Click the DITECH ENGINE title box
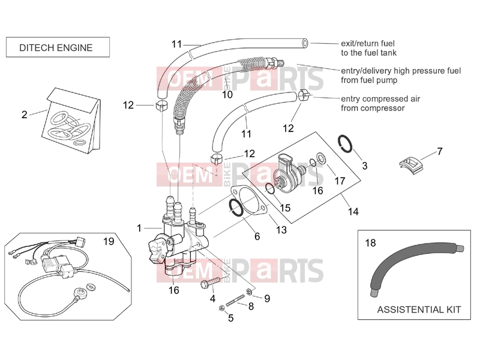click(x=58, y=47)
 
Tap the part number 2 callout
click(x=25, y=115)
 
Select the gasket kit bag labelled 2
click(x=71, y=121)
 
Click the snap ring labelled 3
click(x=346, y=143)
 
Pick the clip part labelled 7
click(x=410, y=166)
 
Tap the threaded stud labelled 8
click(x=235, y=300)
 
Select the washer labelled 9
click(x=250, y=292)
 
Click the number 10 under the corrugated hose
click(x=227, y=95)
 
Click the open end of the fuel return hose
click(x=305, y=43)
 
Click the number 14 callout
click(x=353, y=212)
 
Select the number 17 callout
click(x=340, y=181)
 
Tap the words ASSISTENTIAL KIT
click(x=419, y=310)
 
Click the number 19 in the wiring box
click(x=109, y=242)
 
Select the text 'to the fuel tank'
click(x=368, y=53)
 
